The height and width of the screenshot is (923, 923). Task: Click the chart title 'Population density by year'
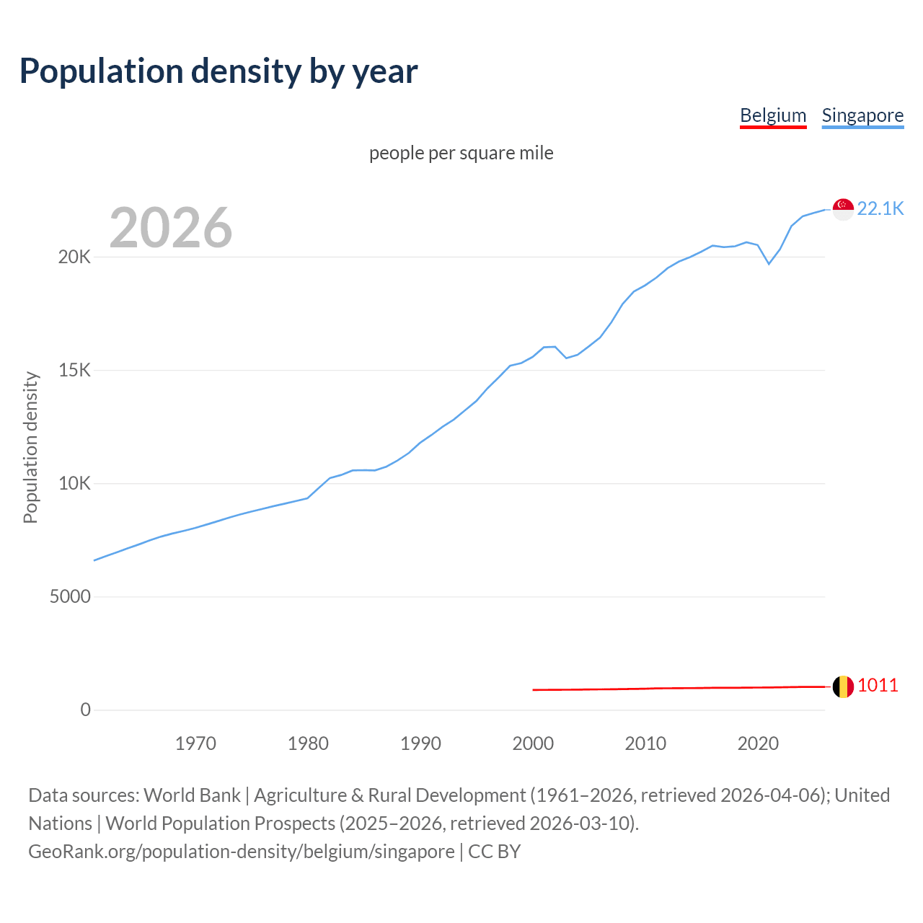(218, 71)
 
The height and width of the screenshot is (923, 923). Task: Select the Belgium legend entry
(773, 115)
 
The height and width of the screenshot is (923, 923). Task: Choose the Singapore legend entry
(862, 115)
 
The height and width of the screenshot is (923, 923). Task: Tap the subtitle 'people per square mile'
(461, 153)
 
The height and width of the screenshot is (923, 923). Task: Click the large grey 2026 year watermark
(171, 228)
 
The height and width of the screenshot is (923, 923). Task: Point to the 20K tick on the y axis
(75, 257)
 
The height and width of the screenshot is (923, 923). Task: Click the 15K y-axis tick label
(75, 371)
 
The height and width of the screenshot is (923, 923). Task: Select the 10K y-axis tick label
(75, 484)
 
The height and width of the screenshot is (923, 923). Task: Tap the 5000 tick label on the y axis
(70, 597)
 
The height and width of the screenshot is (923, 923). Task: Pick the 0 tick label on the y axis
(86, 710)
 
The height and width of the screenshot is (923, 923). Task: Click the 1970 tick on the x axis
(195, 743)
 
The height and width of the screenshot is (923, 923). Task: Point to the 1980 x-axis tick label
(308, 743)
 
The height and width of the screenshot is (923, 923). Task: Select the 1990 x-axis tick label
(420, 743)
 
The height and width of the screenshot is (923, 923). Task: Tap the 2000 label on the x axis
(533, 743)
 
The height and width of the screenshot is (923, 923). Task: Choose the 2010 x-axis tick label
(645, 743)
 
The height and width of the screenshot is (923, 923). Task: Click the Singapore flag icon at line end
(843, 209)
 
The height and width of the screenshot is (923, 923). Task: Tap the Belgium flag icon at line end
(843, 686)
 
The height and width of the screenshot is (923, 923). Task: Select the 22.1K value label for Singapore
(880, 208)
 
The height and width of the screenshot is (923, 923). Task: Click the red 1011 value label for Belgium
(878, 685)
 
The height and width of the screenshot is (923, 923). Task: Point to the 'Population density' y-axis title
(30, 447)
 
